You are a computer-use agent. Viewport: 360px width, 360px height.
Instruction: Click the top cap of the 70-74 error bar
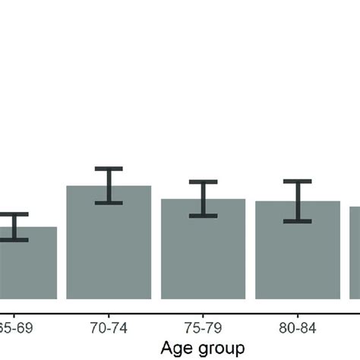[x=109, y=169]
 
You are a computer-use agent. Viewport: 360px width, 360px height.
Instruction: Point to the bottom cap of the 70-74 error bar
[x=109, y=202]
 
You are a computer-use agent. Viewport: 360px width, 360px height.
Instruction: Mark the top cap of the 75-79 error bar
[x=204, y=182]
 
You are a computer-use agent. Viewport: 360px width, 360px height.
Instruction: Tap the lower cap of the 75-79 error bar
[x=204, y=216]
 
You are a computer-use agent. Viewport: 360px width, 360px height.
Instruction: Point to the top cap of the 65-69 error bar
[x=14, y=214]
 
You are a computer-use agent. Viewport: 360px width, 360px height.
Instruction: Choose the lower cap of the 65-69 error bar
[x=14, y=240]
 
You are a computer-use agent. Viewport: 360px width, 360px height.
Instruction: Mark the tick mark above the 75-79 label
[x=204, y=314]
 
